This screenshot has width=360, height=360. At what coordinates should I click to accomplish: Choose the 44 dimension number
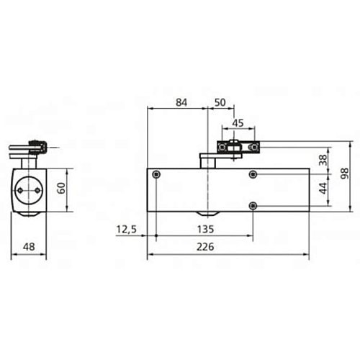[323, 189]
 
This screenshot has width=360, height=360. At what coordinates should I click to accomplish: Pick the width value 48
[29, 246]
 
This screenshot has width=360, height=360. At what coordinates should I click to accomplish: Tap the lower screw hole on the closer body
[252, 206]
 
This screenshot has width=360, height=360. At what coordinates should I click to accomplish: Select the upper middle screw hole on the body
[252, 175]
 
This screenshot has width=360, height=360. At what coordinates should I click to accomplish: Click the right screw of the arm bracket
[253, 148]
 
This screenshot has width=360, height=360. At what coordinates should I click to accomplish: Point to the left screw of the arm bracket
[225, 148]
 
